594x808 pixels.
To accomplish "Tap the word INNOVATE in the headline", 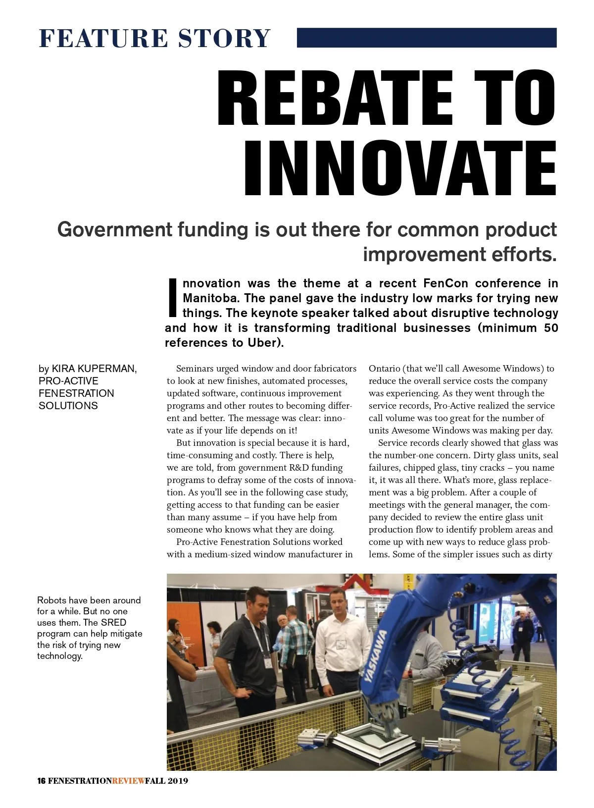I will [400, 168].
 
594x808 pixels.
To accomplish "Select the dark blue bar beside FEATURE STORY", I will [426, 38].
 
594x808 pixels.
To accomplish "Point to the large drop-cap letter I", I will [172, 297].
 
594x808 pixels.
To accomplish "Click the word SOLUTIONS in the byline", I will [68, 406].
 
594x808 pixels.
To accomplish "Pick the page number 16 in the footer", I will [42, 781].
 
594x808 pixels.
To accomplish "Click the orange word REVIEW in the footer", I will [128, 781].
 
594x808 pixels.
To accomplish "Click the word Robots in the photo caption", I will [51, 600].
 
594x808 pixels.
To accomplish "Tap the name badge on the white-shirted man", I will [341, 644].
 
